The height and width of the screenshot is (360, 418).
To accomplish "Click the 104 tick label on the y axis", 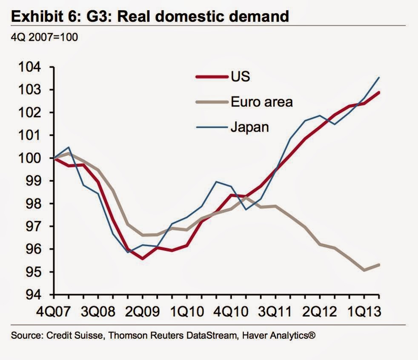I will point(31,67).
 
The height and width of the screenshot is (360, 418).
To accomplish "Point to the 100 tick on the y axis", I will point(31,158).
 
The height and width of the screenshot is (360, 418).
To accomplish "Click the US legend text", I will point(240,77).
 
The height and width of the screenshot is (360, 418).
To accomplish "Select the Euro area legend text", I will point(262,102).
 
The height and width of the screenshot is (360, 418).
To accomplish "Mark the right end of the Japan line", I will point(379,77).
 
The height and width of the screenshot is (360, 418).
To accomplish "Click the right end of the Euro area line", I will point(379,265).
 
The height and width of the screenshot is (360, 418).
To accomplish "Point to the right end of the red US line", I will point(379,92).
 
